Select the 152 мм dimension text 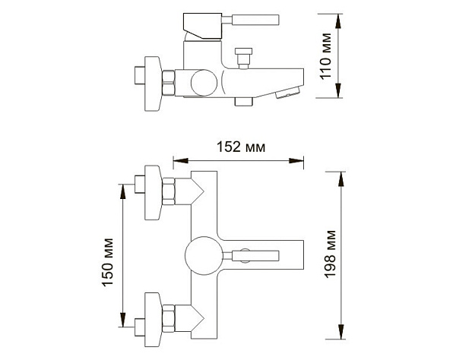coord(240,147)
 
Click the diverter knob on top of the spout coord(245,57)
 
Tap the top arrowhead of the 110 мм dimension coord(340,17)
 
